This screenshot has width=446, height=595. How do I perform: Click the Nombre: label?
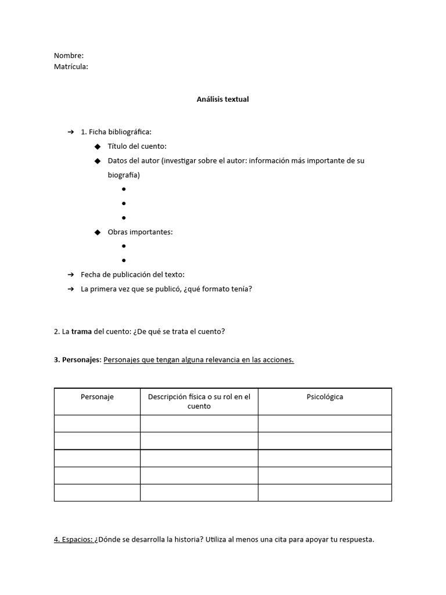click(69, 56)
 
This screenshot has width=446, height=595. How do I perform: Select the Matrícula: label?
click(71, 67)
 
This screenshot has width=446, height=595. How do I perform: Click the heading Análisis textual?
click(222, 99)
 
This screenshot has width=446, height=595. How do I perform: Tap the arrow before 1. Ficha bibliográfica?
click(71, 132)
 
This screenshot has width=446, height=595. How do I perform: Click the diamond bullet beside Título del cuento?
click(98, 146)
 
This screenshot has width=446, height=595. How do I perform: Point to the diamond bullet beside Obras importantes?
click(98, 232)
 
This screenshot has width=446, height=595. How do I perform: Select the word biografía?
click(124, 175)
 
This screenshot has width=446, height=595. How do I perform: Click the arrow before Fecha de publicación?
click(71, 275)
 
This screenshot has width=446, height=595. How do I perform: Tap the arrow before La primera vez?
click(71, 289)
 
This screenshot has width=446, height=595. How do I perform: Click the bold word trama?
click(82, 332)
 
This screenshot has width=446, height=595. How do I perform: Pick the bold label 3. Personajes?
click(77, 360)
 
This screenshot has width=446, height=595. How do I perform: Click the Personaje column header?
click(97, 397)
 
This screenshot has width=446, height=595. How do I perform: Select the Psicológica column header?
click(325, 397)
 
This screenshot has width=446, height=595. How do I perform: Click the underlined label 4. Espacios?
click(73, 540)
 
